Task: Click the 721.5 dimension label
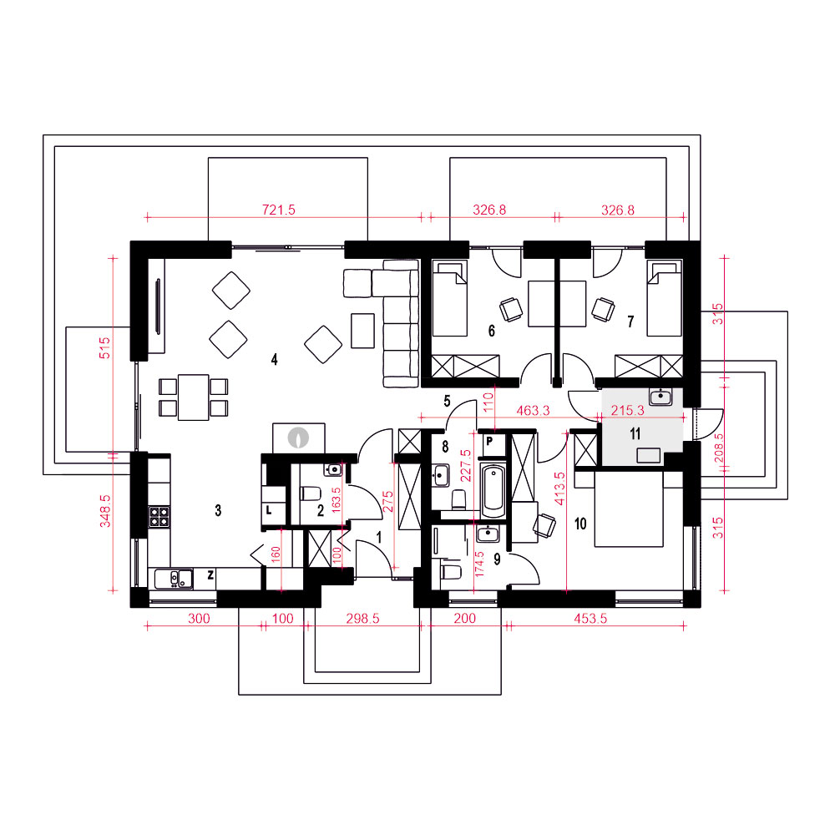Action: [279, 210]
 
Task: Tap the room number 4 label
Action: [274, 360]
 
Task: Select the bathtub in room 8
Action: [493, 490]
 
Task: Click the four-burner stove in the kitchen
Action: [159, 516]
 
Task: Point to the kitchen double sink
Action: [175, 579]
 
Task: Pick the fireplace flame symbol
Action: [298, 438]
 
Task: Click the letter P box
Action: [488, 442]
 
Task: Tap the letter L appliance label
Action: [269, 510]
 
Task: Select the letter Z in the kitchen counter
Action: [211, 574]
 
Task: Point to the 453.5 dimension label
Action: [590, 618]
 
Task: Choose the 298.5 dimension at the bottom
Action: [362, 618]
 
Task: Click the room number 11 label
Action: [635, 434]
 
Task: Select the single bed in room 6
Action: [450, 298]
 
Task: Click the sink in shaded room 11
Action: [660, 397]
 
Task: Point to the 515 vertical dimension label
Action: [105, 347]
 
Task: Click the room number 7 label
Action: [631, 321]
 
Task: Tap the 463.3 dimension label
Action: [533, 411]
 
